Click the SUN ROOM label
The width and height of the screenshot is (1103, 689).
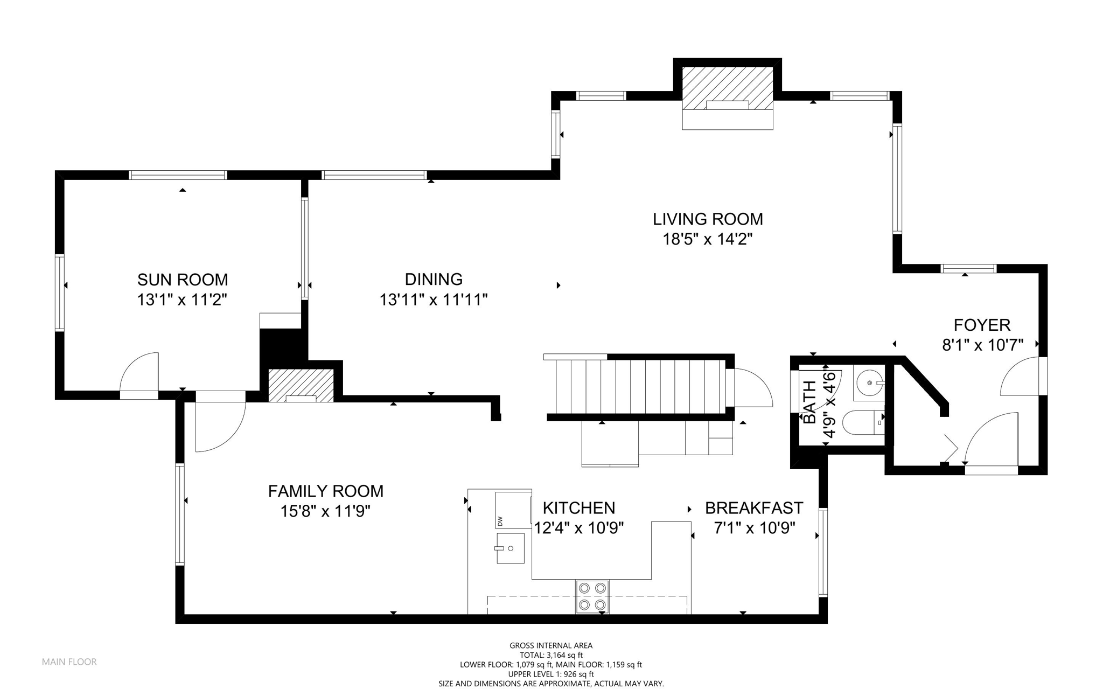click(183, 280)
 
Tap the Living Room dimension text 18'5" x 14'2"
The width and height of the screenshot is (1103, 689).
click(707, 239)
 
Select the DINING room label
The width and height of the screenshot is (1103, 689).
click(434, 279)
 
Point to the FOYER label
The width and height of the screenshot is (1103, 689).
click(982, 325)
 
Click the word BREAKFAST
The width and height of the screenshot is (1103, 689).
click(754, 508)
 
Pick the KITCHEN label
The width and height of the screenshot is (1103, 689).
click(579, 508)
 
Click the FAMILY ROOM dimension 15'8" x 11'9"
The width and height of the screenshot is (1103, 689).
click(325, 511)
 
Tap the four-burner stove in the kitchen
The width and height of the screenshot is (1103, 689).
click(592, 596)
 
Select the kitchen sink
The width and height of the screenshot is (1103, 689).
click(510, 548)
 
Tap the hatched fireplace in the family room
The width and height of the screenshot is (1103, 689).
click(301, 386)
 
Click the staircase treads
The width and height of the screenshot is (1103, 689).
click(638, 386)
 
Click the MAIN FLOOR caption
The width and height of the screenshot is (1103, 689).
click(69, 662)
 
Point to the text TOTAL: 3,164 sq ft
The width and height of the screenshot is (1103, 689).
click(551, 655)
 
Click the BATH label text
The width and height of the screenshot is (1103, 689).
click(809, 402)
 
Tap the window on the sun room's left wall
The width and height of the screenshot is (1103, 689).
click(60, 293)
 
